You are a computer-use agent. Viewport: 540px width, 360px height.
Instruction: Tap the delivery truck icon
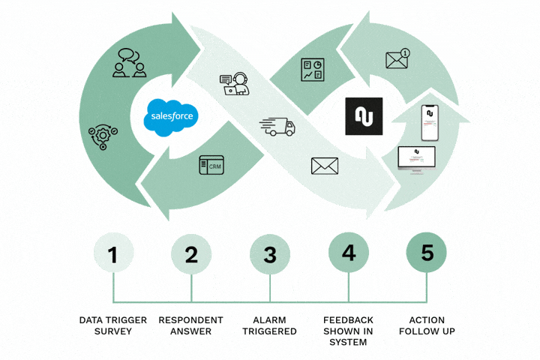pyautogui.click(x=277, y=125)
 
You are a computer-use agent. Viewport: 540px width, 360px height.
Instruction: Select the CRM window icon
pyautogui.click(x=212, y=166)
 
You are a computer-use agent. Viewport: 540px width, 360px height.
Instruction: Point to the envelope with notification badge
pyautogui.click(x=397, y=59)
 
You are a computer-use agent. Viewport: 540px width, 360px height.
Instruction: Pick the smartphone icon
pyautogui.click(x=430, y=122)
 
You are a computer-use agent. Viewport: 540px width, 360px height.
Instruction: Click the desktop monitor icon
pyautogui.click(x=416, y=158)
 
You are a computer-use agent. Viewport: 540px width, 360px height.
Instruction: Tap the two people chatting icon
pyautogui.click(x=129, y=64)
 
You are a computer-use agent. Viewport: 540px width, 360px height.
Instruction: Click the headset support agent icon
pyautogui.click(x=234, y=83)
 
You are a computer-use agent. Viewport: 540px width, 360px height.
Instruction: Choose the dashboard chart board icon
pyautogui.click(x=311, y=70)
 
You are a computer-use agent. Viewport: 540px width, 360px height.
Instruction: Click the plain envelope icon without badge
pyautogui.click(x=325, y=165)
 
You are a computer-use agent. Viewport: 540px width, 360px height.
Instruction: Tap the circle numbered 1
pyautogui.click(x=113, y=253)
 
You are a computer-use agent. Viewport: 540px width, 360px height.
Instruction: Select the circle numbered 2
pyautogui.click(x=191, y=253)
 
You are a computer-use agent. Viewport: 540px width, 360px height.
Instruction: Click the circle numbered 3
pyautogui.click(x=270, y=253)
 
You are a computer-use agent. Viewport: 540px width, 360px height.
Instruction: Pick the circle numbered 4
pyautogui.click(x=349, y=253)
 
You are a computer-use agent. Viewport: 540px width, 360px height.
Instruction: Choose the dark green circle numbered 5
pyautogui.click(x=427, y=253)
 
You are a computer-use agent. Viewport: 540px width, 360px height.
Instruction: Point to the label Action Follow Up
pyautogui.click(x=427, y=325)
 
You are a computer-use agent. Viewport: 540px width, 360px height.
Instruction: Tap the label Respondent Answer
pyautogui.click(x=191, y=325)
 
